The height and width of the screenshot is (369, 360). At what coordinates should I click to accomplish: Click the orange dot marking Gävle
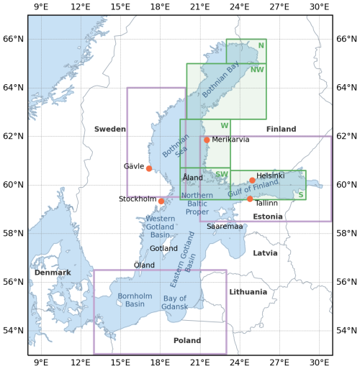click(149, 168)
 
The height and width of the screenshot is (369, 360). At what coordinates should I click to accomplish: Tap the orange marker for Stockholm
click(161, 201)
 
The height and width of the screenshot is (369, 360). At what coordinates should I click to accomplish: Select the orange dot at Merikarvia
click(207, 140)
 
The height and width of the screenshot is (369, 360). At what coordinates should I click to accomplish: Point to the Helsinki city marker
click(252, 181)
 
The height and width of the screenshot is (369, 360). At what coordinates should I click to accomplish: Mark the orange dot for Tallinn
click(250, 199)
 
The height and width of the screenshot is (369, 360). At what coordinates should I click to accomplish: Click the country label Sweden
click(110, 129)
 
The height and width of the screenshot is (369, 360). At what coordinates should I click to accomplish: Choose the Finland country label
click(281, 129)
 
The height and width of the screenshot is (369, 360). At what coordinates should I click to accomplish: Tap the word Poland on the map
click(187, 340)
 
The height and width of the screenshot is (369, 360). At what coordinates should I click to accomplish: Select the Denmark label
click(53, 273)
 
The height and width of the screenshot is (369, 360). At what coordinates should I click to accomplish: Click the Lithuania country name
click(248, 292)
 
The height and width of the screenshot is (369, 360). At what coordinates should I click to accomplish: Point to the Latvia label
click(265, 253)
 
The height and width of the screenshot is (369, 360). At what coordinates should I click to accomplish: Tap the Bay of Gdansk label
click(175, 303)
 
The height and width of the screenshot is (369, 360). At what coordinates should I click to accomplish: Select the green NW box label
click(257, 70)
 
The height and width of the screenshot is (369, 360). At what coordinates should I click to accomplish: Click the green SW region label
click(222, 174)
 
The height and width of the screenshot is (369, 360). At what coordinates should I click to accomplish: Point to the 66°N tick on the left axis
click(13, 39)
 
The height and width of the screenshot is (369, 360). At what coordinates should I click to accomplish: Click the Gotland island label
click(163, 248)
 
